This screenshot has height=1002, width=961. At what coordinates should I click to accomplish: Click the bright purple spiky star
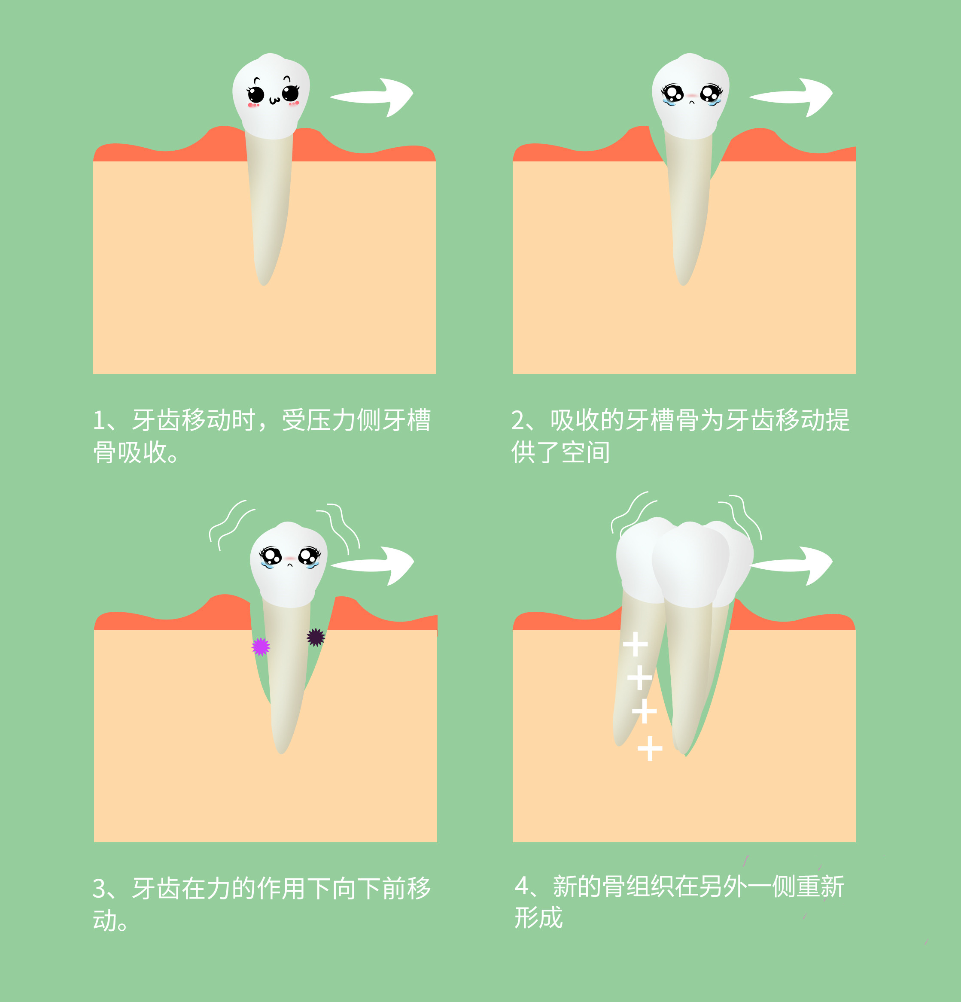(x=261, y=647)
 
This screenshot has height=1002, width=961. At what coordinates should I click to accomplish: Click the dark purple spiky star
(x=316, y=637)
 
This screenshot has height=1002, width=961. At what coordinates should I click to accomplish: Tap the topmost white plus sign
(x=635, y=644)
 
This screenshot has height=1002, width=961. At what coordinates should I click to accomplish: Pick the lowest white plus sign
(x=650, y=748)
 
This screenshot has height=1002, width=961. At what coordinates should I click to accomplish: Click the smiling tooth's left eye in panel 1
(x=256, y=94)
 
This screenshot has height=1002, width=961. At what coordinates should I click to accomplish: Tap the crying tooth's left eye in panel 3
(x=271, y=556)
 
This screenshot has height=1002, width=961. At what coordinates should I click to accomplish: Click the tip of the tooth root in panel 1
(x=263, y=284)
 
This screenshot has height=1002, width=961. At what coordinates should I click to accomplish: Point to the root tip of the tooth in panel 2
(x=682, y=284)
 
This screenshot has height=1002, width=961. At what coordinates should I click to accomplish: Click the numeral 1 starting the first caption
(x=99, y=421)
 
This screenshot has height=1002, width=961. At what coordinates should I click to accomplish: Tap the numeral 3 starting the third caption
(x=99, y=890)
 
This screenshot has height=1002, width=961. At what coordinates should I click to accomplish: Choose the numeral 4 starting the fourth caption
(x=522, y=887)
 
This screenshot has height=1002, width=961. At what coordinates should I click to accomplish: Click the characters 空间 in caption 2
(x=586, y=453)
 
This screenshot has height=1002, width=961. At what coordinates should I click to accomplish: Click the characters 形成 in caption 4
(x=538, y=918)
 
